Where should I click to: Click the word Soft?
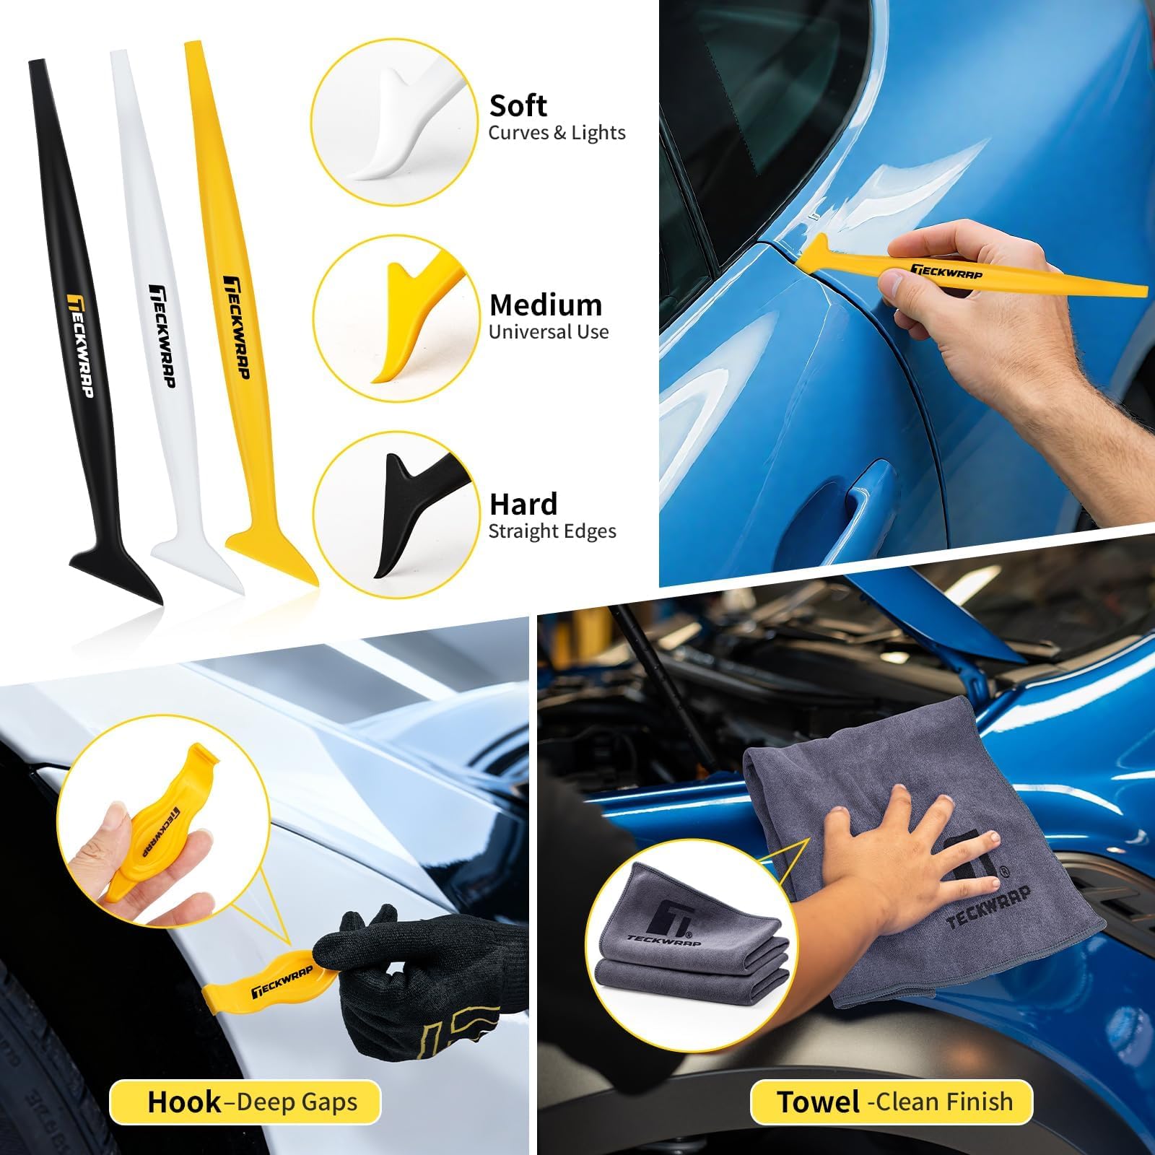pyautogui.click(x=518, y=106)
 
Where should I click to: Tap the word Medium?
pyautogui.click(x=546, y=305)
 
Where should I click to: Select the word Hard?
pyautogui.click(x=524, y=504)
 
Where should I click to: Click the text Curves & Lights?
pyautogui.click(x=557, y=133)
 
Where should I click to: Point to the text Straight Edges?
pyautogui.click(x=552, y=532)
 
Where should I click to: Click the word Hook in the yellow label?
pyautogui.click(x=184, y=1102)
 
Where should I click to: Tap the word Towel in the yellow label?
pyautogui.click(x=819, y=1102)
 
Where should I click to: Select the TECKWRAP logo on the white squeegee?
pyautogui.click(x=162, y=336)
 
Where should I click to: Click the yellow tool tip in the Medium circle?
pyautogui.click(x=411, y=318)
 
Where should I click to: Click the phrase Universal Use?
pyautogui.click(x=549, y=332)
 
